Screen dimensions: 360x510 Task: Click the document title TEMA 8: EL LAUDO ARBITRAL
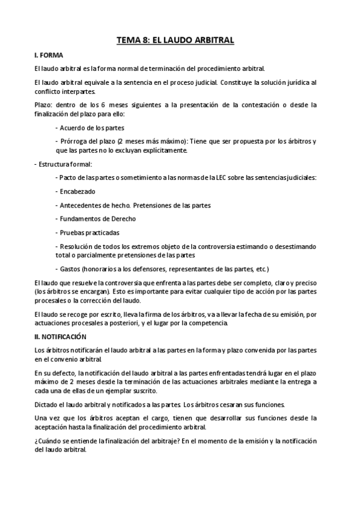coord(175,40)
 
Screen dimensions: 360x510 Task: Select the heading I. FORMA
coord(48,55)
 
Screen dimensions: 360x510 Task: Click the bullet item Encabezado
coord(76,191)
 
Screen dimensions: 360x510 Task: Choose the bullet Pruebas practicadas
coord(89,232)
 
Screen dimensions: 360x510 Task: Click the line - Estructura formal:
coord(63,164)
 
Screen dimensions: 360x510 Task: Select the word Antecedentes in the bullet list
coord(81,205)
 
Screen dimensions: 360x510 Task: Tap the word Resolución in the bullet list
coord(76,246)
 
